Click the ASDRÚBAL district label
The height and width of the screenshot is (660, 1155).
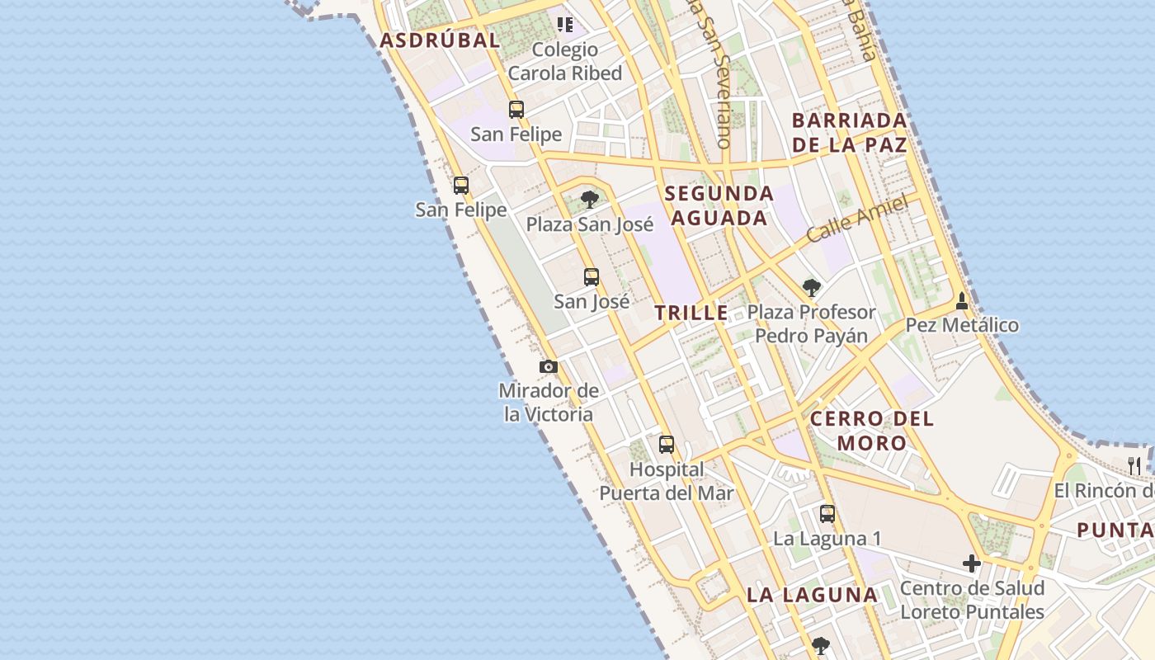440,40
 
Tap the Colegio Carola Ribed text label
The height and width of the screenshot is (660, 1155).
565,61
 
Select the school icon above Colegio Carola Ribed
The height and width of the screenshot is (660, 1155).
565,24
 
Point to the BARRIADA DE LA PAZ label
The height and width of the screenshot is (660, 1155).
850,133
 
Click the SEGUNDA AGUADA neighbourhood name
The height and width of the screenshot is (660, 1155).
719,205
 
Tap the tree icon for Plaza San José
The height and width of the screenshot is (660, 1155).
589,199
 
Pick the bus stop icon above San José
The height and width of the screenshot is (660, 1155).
592,276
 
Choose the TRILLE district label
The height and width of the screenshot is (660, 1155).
691,313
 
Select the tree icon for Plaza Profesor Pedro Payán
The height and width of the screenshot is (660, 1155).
812,287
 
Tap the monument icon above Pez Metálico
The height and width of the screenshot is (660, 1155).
961,301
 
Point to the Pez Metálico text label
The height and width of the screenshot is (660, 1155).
962,325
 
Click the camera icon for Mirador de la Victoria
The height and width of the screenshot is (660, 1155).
549,366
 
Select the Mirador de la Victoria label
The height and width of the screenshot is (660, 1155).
549,402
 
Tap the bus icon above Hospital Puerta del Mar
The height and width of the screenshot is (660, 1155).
667,445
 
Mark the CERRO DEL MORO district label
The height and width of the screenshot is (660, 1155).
872,431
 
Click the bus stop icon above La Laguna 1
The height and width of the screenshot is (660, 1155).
827,514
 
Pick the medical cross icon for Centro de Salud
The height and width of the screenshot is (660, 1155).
972,563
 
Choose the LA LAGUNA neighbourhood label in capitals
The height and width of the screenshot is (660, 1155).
812,594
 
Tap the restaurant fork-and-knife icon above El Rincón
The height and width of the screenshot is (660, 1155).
1134,465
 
